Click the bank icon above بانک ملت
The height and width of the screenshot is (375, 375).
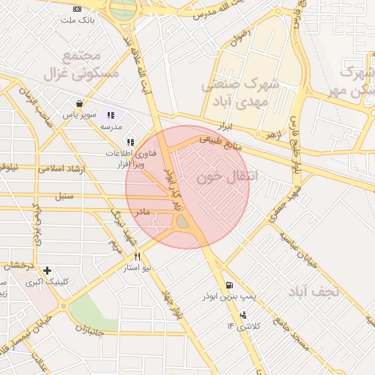point(78,9)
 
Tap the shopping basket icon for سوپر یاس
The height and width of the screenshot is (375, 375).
point(78,103)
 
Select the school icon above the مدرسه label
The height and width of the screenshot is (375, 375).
point(111,115)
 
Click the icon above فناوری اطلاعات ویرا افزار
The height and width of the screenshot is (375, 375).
point(130,142)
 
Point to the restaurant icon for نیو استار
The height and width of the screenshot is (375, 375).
point(137,257)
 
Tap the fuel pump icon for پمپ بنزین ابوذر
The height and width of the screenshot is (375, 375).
point(230,285)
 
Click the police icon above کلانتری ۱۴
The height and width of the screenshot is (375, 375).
point(243,314)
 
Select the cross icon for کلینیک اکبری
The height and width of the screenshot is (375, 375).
point(48,270)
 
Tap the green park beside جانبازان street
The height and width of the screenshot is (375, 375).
point(93,311)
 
